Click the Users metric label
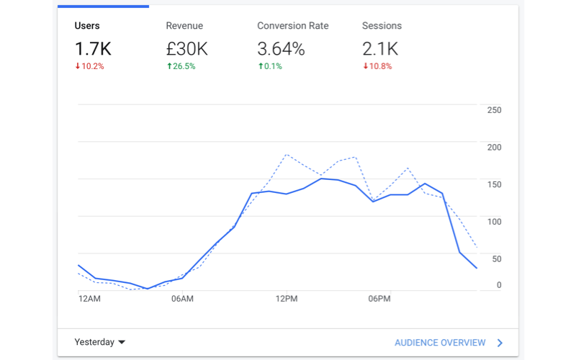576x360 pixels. point(87,26)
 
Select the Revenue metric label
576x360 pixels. point(184,26)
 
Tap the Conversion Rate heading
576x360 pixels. point(292,26)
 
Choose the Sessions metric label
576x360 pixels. point(382,26)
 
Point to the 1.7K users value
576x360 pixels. point(94,49)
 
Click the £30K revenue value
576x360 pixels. point(186,49)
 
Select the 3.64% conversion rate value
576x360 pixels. point(281,49)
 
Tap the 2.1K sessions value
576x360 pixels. point(381,49)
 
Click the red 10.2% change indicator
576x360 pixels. point(89,66)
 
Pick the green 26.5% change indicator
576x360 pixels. point(181,66)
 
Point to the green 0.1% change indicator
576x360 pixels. point(269,66)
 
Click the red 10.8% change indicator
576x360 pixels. point(377,66)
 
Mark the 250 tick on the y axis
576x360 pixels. point(494,110)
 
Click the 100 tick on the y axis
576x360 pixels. point(494,221)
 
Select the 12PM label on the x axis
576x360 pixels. point(286,298)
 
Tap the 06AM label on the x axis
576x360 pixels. point(182,298)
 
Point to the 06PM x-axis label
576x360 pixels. point(379,298)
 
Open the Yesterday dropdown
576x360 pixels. point(100,343)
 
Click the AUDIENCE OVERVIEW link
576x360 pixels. point(440,343)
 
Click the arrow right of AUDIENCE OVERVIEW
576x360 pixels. point(500,343)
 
